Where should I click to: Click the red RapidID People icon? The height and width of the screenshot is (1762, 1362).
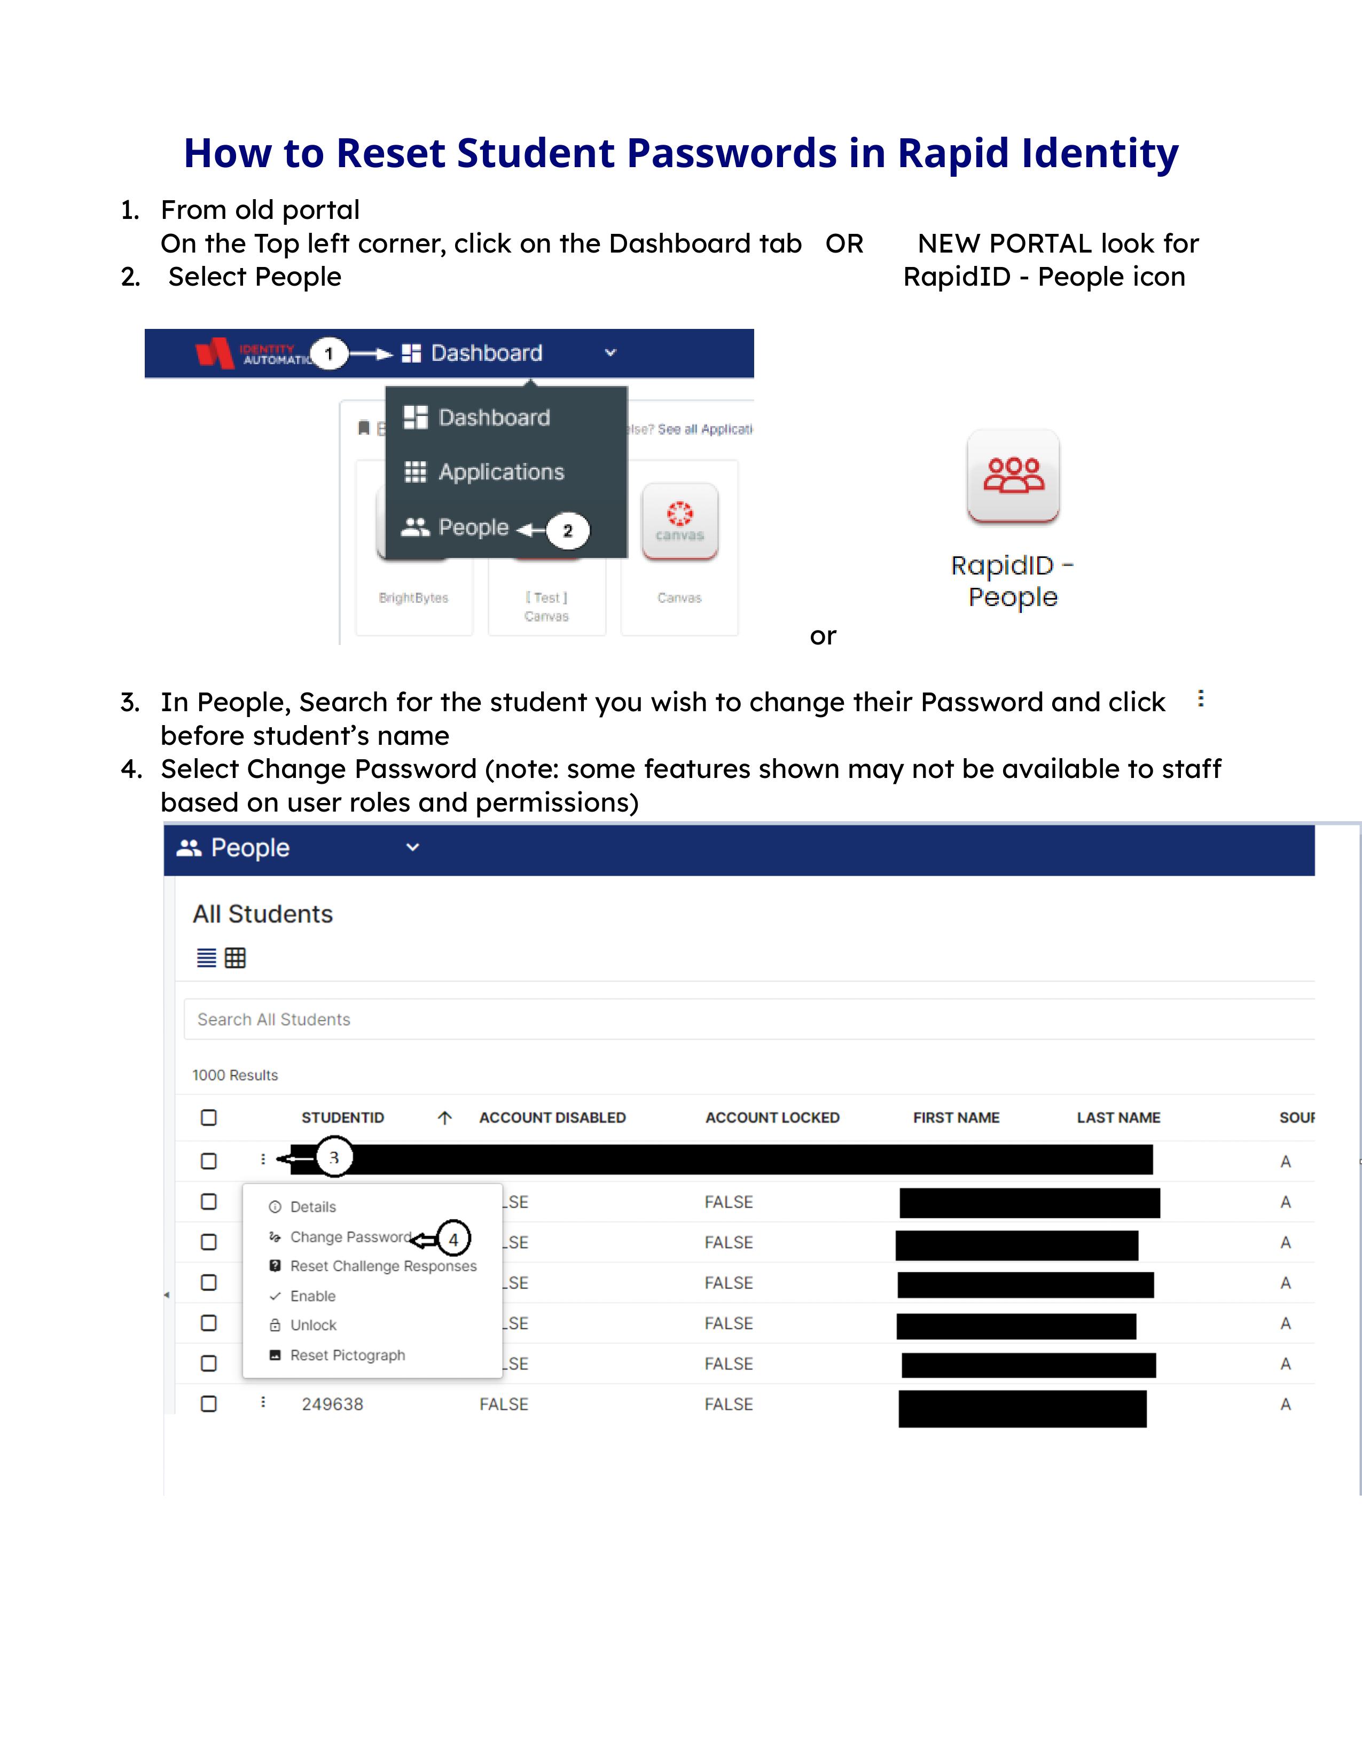tap(1013, 475)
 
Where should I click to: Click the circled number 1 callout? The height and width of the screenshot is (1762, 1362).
tap(328, 353)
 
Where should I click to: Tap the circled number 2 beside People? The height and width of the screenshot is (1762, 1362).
tap(567, 531)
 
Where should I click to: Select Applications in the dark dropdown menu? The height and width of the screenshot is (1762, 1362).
tap(500, 472)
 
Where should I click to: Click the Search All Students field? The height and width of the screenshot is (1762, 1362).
tap(726, 1019)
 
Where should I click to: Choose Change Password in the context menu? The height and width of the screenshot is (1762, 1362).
tap(350, 1237)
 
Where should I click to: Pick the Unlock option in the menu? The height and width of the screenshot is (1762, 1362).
tap(313, 1325)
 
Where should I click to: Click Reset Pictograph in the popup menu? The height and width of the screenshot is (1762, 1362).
tap(347, 1355)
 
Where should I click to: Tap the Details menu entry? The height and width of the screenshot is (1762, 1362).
tap(312, 1207)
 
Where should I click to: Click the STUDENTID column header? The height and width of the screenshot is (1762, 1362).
tap(342, 1118)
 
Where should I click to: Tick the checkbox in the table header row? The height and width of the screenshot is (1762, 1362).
tap(209, 1118)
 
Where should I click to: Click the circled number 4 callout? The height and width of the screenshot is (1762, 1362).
tap(453, 1238)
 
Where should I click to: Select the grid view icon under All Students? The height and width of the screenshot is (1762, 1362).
tap(235, 958)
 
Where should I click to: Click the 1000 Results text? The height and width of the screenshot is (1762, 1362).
tap(235, 1075)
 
